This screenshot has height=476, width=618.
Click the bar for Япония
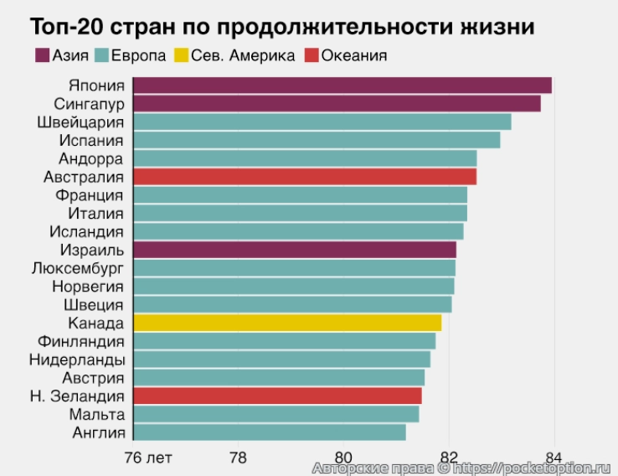coord(342,85)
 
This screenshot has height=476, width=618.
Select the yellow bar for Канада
coord(286,323)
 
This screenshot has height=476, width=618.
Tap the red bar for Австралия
coord(304,177)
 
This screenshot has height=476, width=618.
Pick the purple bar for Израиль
coord(294,250)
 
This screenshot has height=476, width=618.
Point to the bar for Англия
coord(269,432)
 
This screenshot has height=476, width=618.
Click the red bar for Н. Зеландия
coord(277,396)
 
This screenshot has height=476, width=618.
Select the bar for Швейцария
coord(322,122)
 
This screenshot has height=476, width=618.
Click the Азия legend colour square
coord(41,56)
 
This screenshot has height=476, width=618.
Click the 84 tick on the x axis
coord(554,457)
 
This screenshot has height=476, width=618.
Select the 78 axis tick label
coord(238,457)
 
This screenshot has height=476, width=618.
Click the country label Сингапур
coord(89,104)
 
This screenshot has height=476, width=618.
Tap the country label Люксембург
coord(77,268)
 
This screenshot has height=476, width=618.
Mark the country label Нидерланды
coord(77,360)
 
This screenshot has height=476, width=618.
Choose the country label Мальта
coord(99,414)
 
